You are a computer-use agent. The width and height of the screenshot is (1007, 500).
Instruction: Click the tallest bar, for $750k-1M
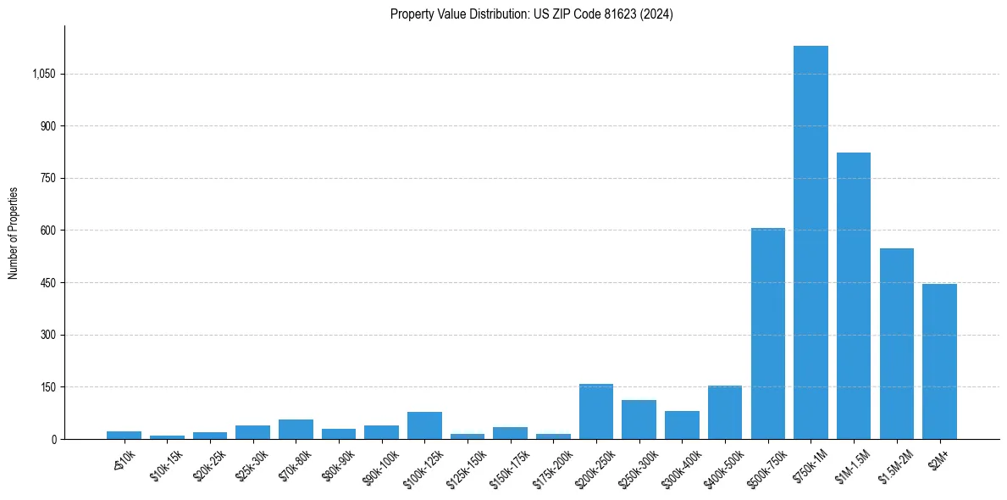(811, 242)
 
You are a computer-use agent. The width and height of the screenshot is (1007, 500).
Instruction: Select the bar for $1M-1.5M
(854, 296)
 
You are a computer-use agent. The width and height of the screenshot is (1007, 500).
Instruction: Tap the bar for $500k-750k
(767, 333)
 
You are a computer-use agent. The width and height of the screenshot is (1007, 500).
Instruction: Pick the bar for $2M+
(939, 361)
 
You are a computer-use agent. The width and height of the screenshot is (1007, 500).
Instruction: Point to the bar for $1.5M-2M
(896, 343)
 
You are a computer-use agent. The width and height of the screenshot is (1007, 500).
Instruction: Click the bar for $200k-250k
(596, 411)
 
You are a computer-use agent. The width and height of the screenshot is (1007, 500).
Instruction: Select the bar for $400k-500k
(725, 412)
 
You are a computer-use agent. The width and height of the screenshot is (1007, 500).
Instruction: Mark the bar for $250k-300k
(639, 419)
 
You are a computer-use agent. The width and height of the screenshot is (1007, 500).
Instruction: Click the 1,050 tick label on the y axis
(43, 74)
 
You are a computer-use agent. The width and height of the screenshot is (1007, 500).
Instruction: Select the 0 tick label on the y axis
(53, 439)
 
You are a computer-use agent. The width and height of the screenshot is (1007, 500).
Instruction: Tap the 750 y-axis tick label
(48, 178)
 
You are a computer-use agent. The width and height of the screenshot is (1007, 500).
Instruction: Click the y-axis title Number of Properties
(14, 233)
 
